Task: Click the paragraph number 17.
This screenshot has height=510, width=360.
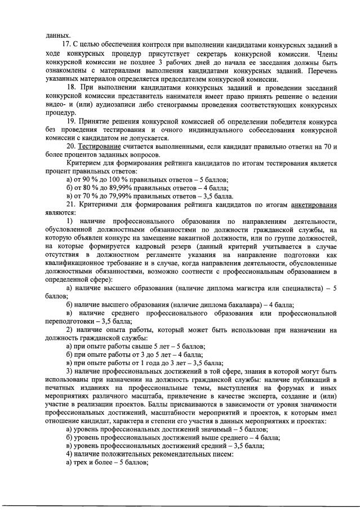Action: [x=66, y=44]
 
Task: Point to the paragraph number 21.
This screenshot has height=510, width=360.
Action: [x=71, y=206]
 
